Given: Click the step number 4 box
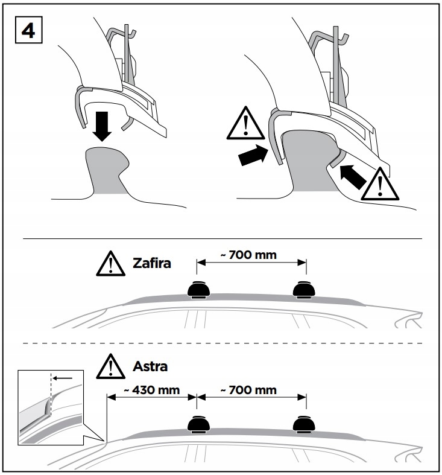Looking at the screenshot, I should click(28, 31).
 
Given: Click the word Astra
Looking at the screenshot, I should click(150, 366).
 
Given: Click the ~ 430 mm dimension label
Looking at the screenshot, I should click(153, 390).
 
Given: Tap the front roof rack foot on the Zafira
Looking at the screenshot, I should click(198, 291).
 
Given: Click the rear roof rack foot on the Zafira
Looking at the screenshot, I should click(304, 291).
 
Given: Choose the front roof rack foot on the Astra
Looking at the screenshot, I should click(198, 426).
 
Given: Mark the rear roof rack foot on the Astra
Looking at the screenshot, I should click(304, 426).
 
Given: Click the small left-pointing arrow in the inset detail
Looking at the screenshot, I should click(63, 378).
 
